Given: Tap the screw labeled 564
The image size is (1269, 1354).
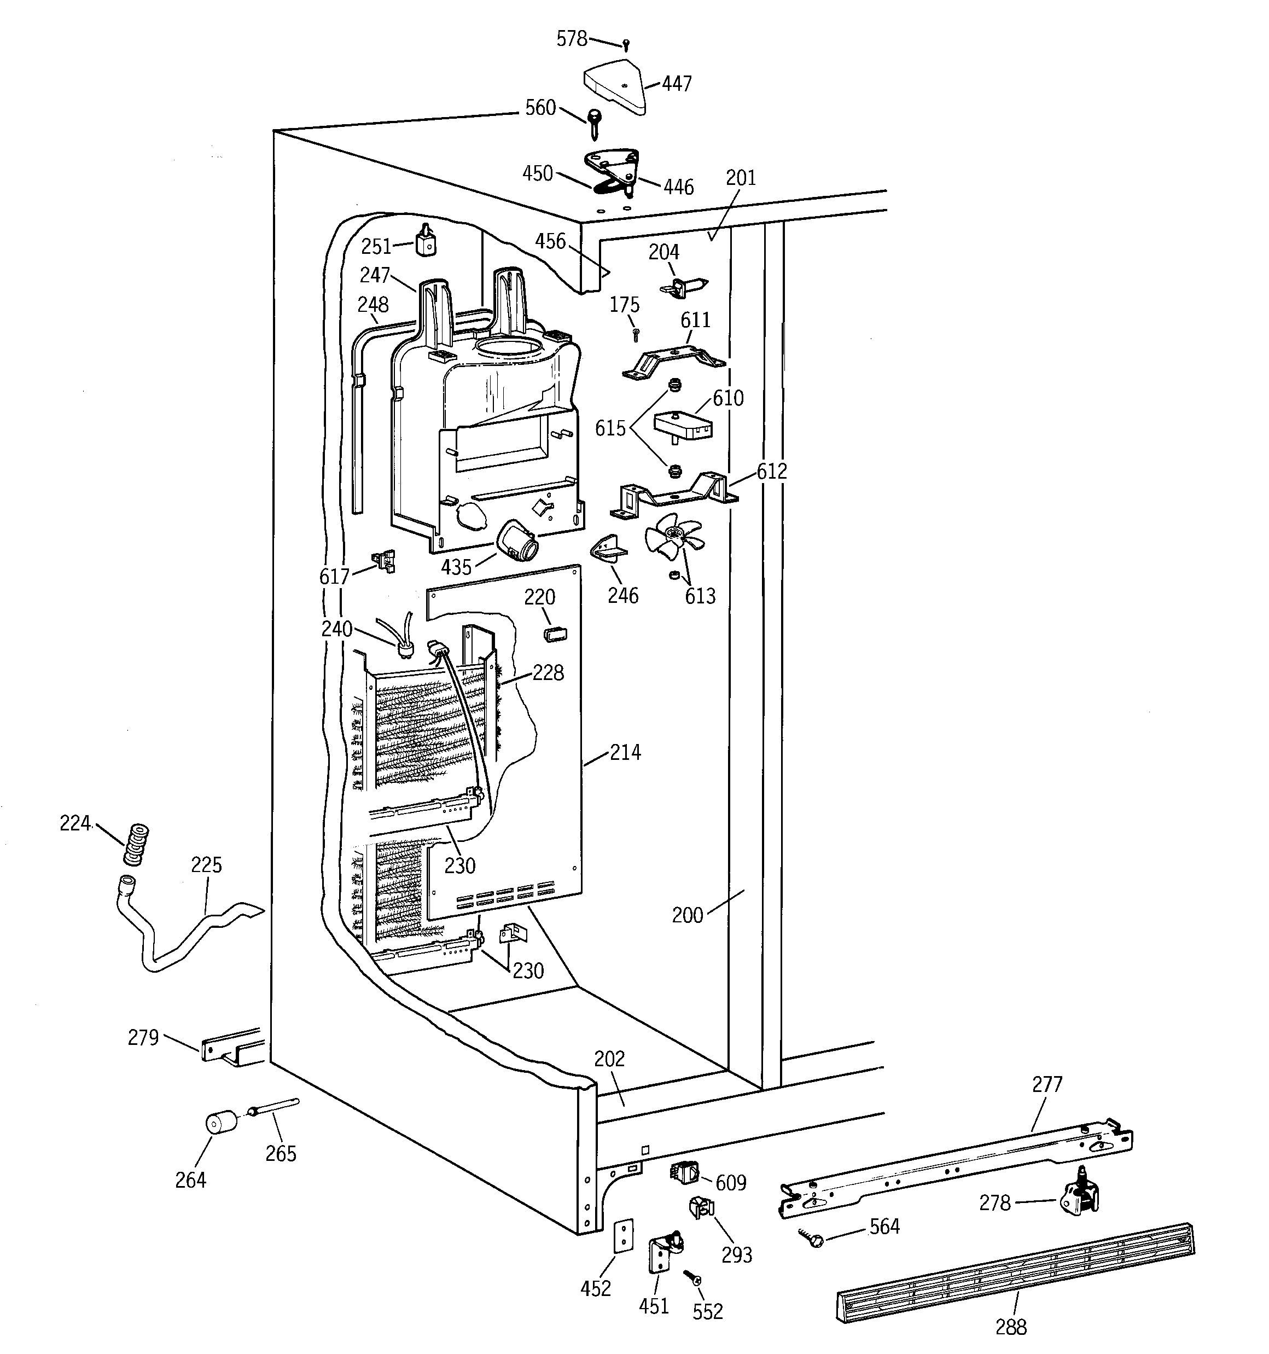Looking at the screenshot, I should [812, 1237].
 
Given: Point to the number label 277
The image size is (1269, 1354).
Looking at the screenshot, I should [1046, 1084].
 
